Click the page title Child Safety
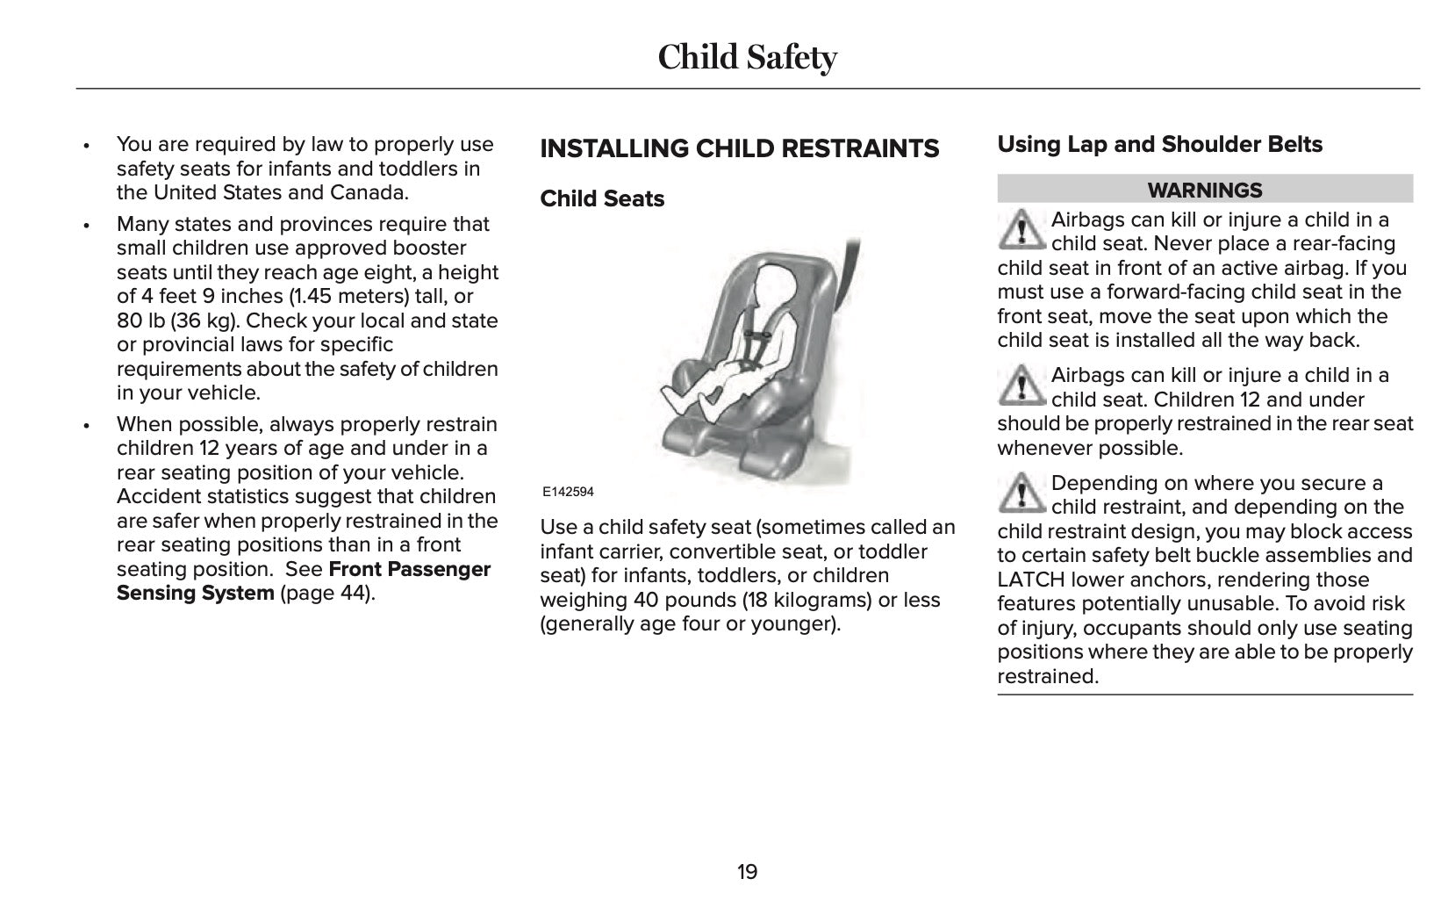click(x=747, y=57)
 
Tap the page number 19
click(x=747, y=872)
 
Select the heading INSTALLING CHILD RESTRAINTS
click(x=739, y=149)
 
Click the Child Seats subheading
click(x=602, y=199)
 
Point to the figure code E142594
click(x=568, y=492)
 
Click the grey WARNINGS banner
click(x=1204, y=190)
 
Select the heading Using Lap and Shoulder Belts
click(x=1159, y=145)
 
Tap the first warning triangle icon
click(x=1020, y=229)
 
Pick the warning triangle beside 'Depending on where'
click(x=1020, y=493)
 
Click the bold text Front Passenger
click(x=409, y=569)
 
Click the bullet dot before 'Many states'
click(x=86, y=225)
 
